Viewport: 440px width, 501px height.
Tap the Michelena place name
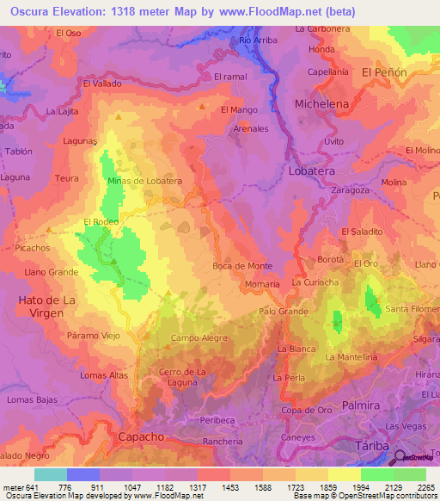point(322,103)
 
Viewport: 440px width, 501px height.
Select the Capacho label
point(140,436)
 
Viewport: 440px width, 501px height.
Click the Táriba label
point(372,444)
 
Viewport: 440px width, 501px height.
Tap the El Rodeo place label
point(101,222)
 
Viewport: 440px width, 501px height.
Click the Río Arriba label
point(258,40)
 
